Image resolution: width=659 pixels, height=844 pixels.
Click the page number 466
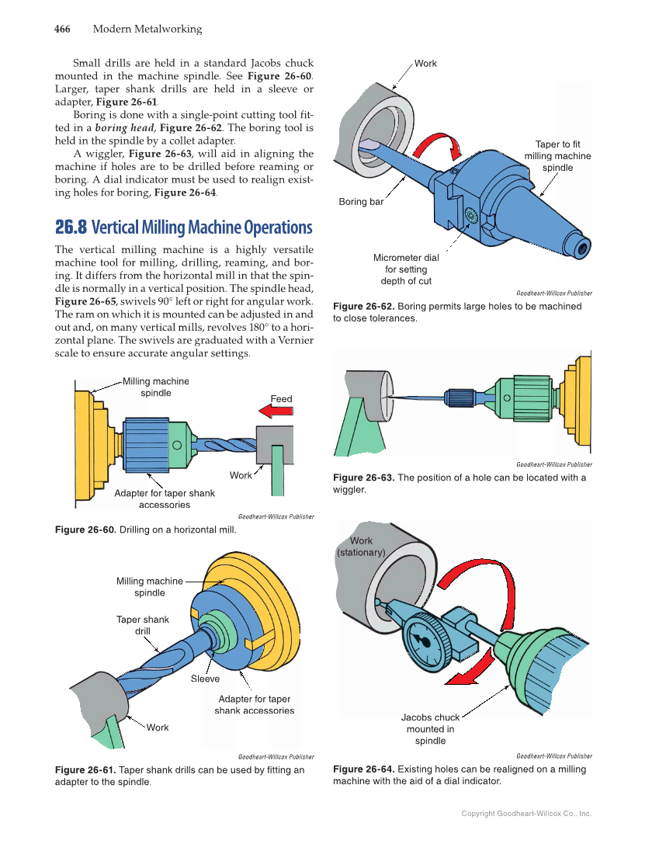tap(62, 30)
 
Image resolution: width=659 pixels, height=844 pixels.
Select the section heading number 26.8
tap(70, 227)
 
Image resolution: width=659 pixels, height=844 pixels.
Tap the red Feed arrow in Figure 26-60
tap(276, 412)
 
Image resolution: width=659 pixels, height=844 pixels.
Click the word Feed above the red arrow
tap(281, 398)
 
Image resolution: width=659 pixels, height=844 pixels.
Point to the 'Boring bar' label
tap(361, 202)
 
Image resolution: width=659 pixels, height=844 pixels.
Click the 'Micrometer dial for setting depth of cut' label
tap(405, 269)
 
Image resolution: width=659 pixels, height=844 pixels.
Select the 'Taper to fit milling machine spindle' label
tap(557, 156)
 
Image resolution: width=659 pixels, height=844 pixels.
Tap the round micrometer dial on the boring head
tap(470, 215)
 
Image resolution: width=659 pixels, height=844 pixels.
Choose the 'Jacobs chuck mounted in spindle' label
tap(430, 728)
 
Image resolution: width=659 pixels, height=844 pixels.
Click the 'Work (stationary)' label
tap(361, 547)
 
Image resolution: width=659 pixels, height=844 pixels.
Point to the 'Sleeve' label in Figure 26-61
tap(205, 679)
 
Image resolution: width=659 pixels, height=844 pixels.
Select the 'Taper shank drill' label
tap(142, 625)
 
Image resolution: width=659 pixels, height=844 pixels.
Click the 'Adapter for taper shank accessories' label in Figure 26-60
tap(165, 498)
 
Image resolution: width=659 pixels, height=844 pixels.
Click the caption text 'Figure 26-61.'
tap(85, 769)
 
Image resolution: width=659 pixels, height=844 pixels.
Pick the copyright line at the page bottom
tap(526, 814)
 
